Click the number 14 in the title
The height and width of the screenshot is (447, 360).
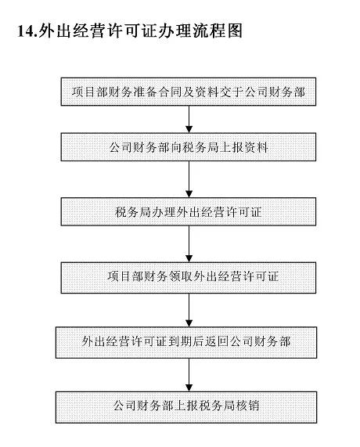pos(25,31)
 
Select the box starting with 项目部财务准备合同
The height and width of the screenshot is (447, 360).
pos(189,92)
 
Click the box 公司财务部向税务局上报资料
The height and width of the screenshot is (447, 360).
pos(189,147)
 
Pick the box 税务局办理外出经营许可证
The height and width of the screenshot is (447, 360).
pos(189,212)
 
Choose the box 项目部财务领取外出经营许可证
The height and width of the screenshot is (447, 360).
pos(189,278)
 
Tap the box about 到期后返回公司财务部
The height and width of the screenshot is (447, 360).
pos(186,342)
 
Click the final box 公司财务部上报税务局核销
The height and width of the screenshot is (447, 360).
pos(186,407)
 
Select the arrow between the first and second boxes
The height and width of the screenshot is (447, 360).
pos(189,119)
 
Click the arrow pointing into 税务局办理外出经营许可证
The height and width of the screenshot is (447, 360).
pos(189,179)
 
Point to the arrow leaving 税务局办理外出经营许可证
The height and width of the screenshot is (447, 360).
pos(189,244)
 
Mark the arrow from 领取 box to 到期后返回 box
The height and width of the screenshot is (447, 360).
pos(189,310)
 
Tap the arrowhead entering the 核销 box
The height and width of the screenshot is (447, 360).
pos(189,388)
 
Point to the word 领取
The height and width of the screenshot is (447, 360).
pos(182,276)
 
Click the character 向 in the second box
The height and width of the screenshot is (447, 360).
pos(176,147)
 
